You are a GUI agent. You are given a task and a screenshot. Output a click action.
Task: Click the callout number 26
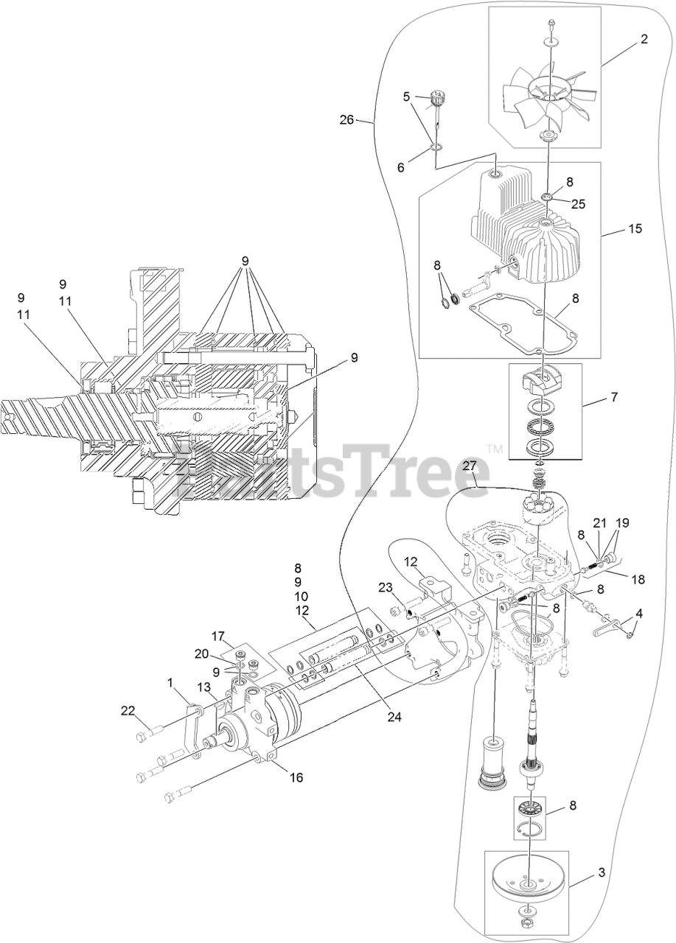pyautogui.click(x=346, y=119)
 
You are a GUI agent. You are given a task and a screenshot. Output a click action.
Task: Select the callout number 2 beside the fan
pyautogui.click(x=644, y=40)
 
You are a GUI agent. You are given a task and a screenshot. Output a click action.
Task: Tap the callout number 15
pyautogui.click(x=635, y=229)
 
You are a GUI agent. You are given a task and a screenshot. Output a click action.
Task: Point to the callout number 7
pyautogui.click(x=614, y=397)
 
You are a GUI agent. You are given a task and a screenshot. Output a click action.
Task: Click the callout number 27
pyautogui.click(x=470, y=466)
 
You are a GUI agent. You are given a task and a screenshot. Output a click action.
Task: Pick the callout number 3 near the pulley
pyautogui.click(x=602, y=873)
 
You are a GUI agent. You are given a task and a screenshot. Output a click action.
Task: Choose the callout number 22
pyautogui.click(x=129, y=710)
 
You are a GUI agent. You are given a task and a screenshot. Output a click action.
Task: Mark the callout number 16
pyautogui.click(x=276, y=777)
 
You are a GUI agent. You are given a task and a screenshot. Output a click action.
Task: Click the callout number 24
pyautogui.click(x=394, y=715)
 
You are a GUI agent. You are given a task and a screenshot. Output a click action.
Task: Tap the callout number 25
pyautogui.click(x=578, y=204)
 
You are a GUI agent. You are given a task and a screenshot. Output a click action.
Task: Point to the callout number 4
pyautogui.click(x=638, y=612)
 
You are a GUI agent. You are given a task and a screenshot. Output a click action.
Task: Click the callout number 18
pyautogui.click(x=637, y=579)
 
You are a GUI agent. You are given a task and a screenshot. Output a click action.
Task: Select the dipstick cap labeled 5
pyautogui.click(x=440, y=97)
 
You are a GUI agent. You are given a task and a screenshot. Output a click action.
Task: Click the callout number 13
pyautogui.click(x=203, y=687)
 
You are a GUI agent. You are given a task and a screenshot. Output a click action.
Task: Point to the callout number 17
pyautogui.click(x=218, y=635)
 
